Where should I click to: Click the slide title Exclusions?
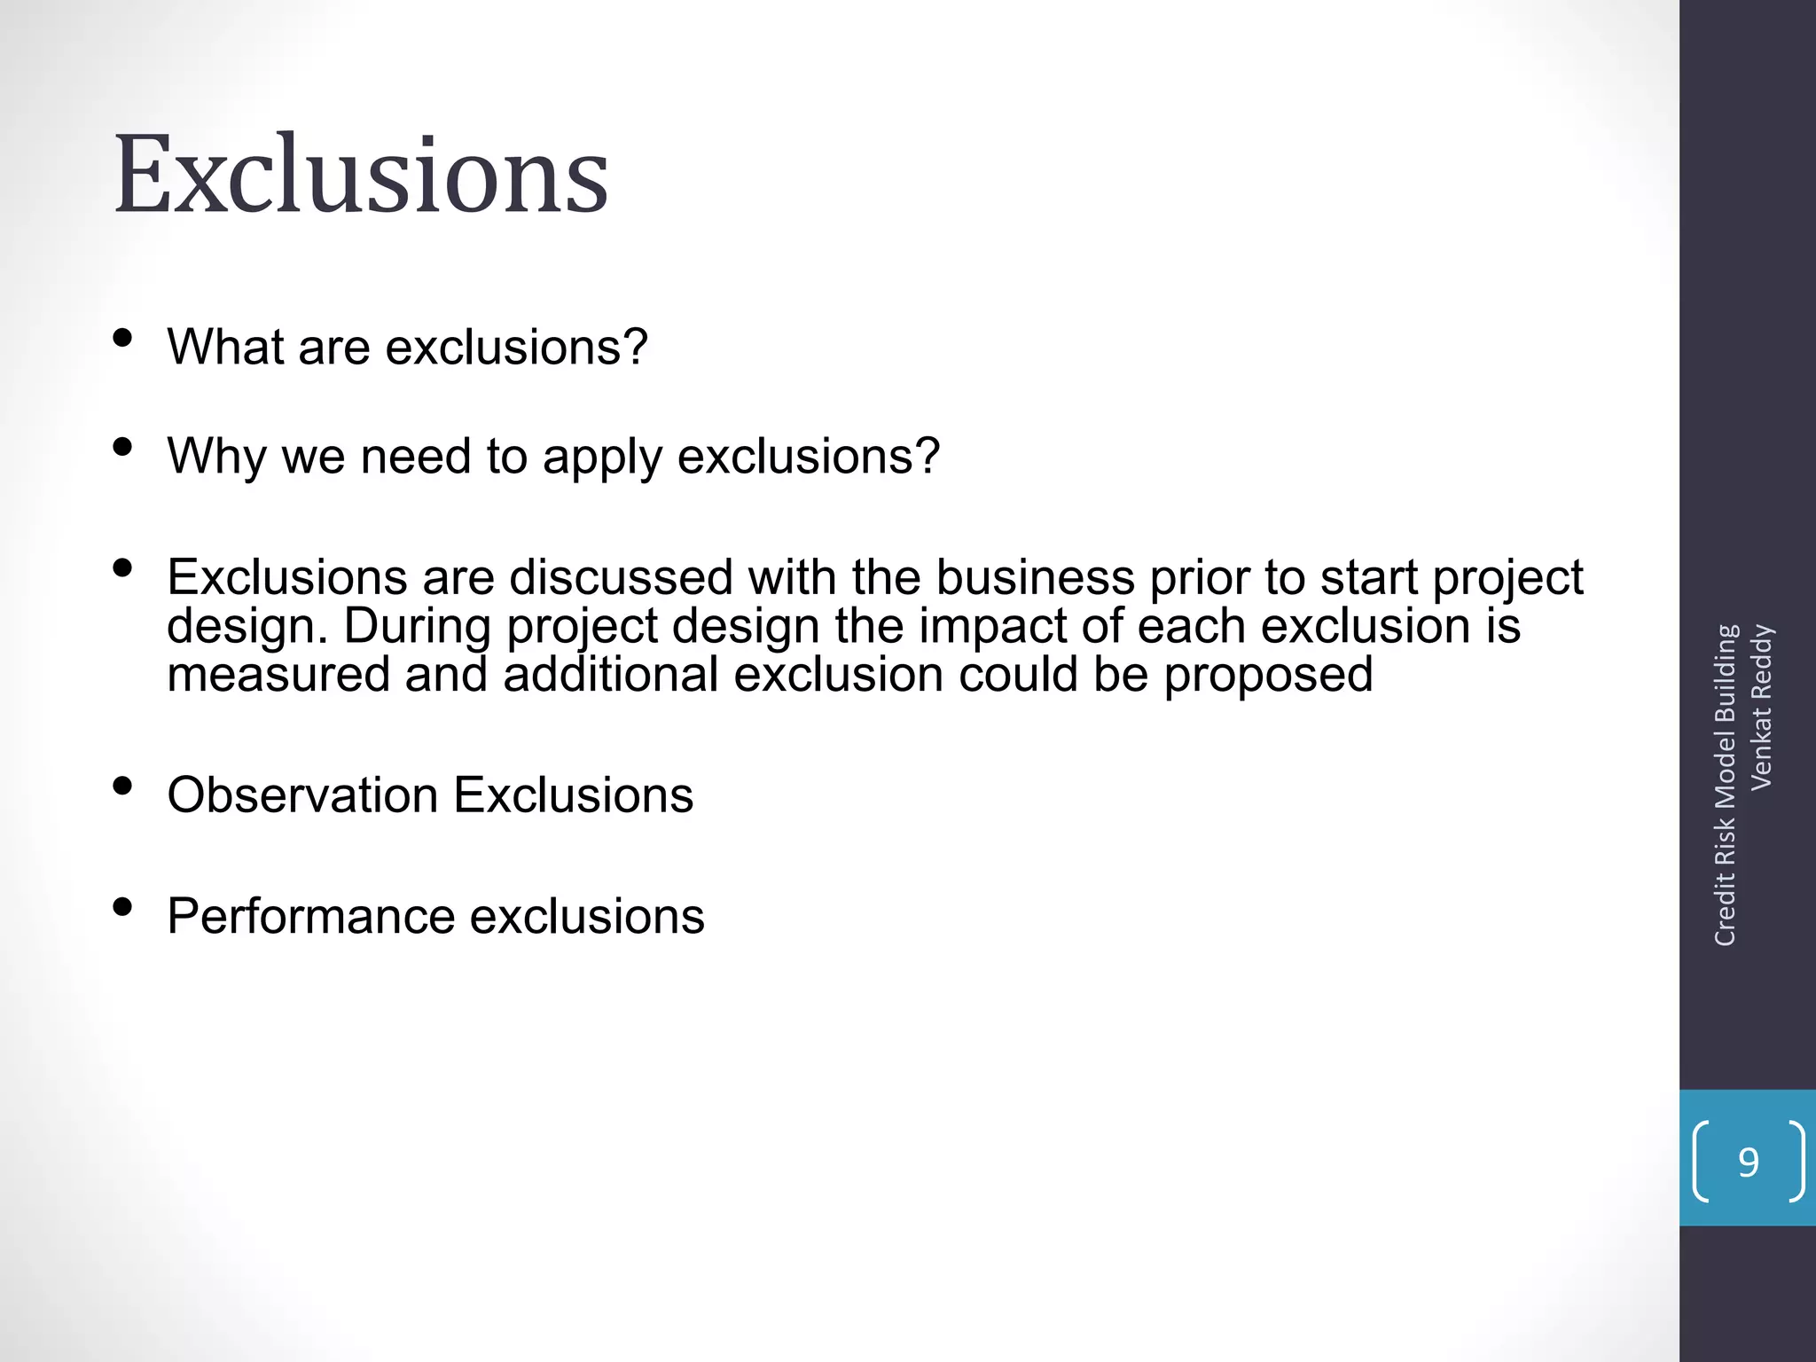361,175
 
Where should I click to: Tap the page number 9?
1748,1162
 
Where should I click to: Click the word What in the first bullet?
224,347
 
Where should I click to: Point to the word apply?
602,458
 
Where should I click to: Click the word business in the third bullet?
1035,577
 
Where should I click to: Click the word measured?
278,674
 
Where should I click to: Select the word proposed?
1268,676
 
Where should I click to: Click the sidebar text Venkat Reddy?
1761,707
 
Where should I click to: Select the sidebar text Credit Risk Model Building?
1725,785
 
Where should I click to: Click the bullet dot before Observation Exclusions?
123,786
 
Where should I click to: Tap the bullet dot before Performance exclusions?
123,907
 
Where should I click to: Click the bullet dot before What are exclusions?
123,338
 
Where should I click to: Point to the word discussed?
621,577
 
